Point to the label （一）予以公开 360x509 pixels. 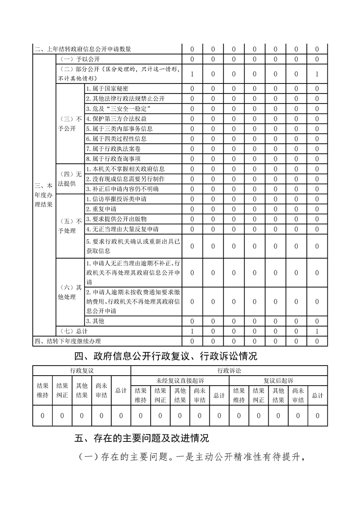pos(74,59)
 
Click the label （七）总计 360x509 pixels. pos(71,331)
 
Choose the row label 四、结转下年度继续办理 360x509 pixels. pos(68,341)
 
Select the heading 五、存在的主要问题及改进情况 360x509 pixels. pos(142,439)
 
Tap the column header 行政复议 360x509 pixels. pos(82,371)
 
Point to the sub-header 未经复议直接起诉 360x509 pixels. pos(180,380)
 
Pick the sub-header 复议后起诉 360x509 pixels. pos(278,380)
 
